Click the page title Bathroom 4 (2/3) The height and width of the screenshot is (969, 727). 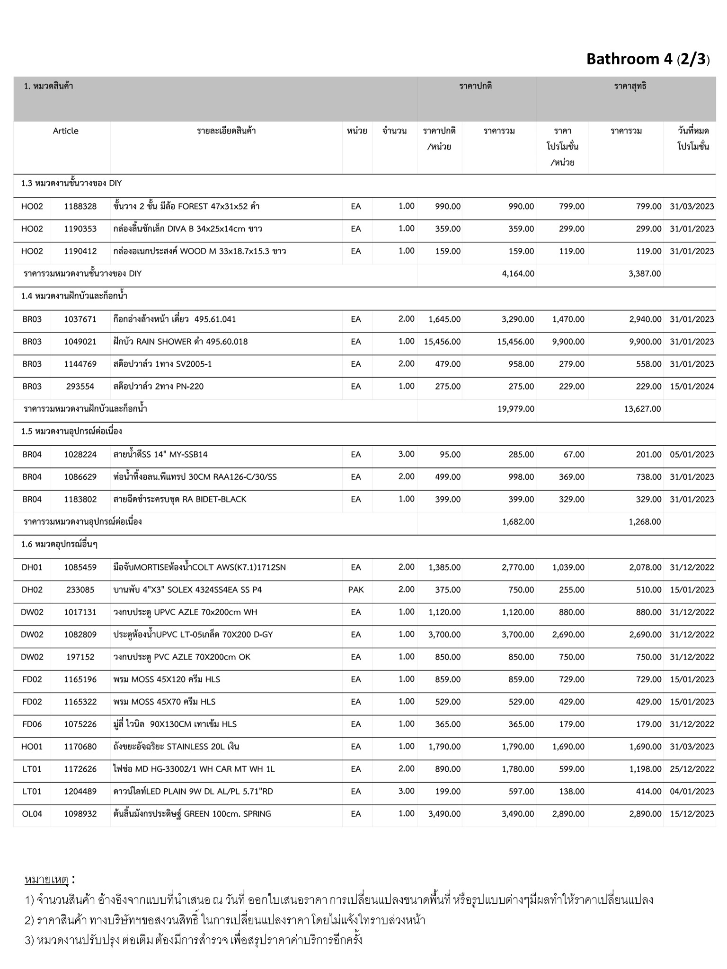click(647, 59)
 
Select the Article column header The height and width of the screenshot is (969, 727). click(65, 131)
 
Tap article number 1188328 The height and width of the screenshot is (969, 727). click(80, 206)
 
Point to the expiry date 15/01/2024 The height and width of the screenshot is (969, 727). click(692, 387)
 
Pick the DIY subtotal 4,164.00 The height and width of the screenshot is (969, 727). click(518, 273)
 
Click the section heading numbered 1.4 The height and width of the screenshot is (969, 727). click(74, 296)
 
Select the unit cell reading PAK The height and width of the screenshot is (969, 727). click(356, 590)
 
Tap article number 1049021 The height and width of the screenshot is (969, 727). click(80, 342)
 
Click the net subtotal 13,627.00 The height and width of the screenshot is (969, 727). click(642, 409)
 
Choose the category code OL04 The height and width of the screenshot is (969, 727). click(32, 814)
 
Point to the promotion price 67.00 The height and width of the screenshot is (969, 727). click(574, 455)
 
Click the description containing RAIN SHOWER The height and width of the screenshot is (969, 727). click(180, 342)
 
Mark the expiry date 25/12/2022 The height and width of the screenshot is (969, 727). click(692, 769)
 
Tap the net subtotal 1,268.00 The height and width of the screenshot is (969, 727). click(645, 522)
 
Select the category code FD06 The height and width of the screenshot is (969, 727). click(32, 724)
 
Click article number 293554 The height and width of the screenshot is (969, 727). click(80, 387)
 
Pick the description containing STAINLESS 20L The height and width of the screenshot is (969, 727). click(176, 747)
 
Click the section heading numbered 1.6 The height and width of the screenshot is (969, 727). click(59, 545)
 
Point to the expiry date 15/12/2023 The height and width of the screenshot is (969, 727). click(692, 814)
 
